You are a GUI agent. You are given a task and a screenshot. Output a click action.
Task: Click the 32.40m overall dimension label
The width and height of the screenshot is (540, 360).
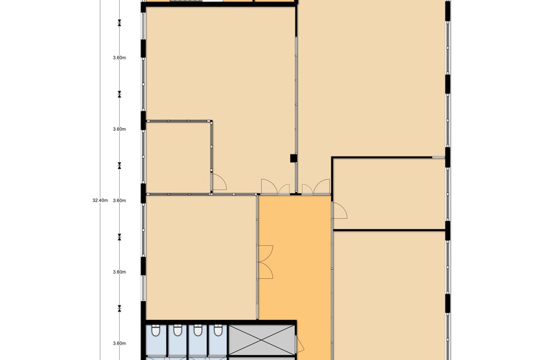pos(100,200)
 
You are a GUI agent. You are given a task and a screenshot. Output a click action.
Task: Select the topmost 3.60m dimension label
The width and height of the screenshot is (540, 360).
pos(119,57)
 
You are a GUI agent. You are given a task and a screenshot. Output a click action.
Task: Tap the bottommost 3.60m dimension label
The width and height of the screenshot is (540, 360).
pos(119,343)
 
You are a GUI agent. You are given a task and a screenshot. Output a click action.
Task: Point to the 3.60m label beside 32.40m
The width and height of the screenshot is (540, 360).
pos(119,200)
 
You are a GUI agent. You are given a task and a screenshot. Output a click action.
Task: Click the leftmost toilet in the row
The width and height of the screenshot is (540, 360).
pos(156,330)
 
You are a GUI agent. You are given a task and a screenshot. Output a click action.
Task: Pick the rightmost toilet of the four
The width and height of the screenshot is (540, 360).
pos(217,330)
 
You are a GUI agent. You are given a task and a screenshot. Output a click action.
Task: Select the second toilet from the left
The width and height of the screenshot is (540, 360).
pos(177,330)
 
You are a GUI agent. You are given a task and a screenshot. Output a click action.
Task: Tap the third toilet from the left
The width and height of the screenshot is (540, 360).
pos(197,330)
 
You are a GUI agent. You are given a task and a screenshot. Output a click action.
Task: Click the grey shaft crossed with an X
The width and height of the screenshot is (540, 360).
pos(262,340)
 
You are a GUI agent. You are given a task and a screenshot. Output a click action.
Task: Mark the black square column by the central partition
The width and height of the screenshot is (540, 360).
pos(294,158)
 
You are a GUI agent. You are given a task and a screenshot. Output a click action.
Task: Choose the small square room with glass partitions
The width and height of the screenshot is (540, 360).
pos(178,157)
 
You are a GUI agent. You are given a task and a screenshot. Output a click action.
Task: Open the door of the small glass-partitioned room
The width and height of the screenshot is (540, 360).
pos(219,182)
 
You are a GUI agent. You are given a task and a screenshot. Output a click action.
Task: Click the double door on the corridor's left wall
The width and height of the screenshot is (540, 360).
pos(265,262)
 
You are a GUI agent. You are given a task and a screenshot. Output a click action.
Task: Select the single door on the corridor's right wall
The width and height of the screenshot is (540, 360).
pos(339,210)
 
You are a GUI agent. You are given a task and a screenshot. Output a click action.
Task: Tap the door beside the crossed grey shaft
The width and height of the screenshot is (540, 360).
pos(300,345)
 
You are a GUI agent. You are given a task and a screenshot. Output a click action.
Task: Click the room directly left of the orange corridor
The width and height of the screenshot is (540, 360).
pos(201,258)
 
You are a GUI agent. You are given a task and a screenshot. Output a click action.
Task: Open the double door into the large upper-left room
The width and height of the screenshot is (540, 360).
pos(275,188)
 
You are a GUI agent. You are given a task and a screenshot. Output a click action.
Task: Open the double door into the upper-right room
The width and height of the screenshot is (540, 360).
pos(316,188)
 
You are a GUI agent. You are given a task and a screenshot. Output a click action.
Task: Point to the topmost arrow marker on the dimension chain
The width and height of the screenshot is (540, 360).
pos(120,23)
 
